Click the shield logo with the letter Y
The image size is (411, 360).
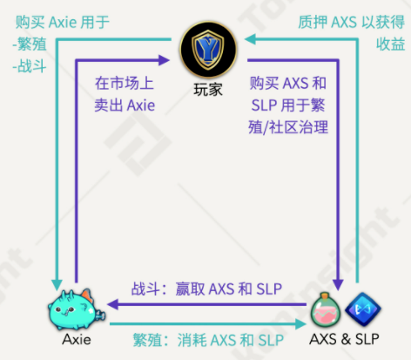point(208,49)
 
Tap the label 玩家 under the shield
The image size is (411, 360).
point(208,89)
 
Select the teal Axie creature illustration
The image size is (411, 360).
point(76,309)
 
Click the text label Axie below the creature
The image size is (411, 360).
point(77,339)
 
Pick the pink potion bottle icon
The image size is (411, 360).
point(326,309)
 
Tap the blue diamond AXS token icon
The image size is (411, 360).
point(363,309)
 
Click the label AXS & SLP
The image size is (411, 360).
point(344,339)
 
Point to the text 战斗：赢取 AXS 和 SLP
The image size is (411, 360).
point(206,289)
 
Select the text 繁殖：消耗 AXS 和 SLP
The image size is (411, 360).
point(208,340)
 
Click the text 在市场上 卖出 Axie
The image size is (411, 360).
point(125,94)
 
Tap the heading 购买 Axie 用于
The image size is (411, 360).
point(62,22)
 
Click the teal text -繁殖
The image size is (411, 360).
point(30,44)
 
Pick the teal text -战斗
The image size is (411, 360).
point(30,66)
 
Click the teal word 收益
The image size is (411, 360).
point(390,44)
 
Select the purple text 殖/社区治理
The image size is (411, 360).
point(288,127)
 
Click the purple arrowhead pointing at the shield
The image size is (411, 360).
point(164,60)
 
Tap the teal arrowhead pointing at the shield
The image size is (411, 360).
point(250,39)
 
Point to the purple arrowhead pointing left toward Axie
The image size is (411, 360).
point(112,304)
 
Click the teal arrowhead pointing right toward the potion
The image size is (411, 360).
point(300,324)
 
